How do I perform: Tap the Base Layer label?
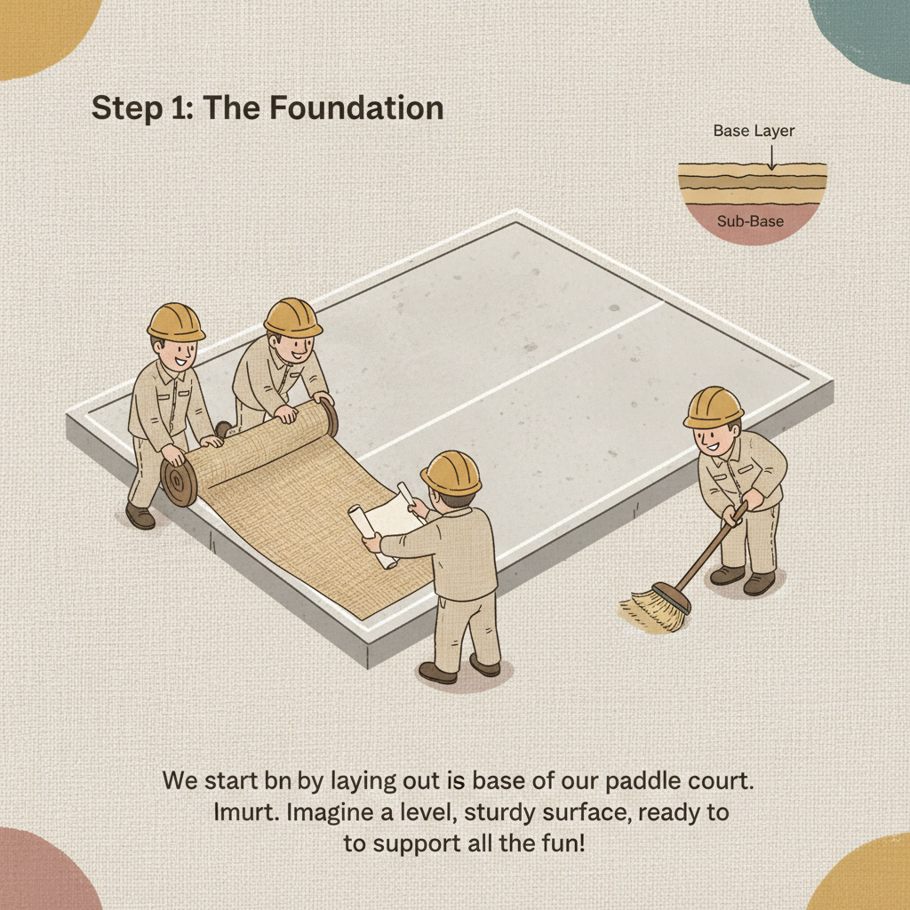[754, 131]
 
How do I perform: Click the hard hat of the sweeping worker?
[714, 406]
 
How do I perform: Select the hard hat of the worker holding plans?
[451, 471]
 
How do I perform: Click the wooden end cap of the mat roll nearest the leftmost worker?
[179, 484]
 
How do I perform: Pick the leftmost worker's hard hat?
[175, 322]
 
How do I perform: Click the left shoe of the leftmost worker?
[140, 515]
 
